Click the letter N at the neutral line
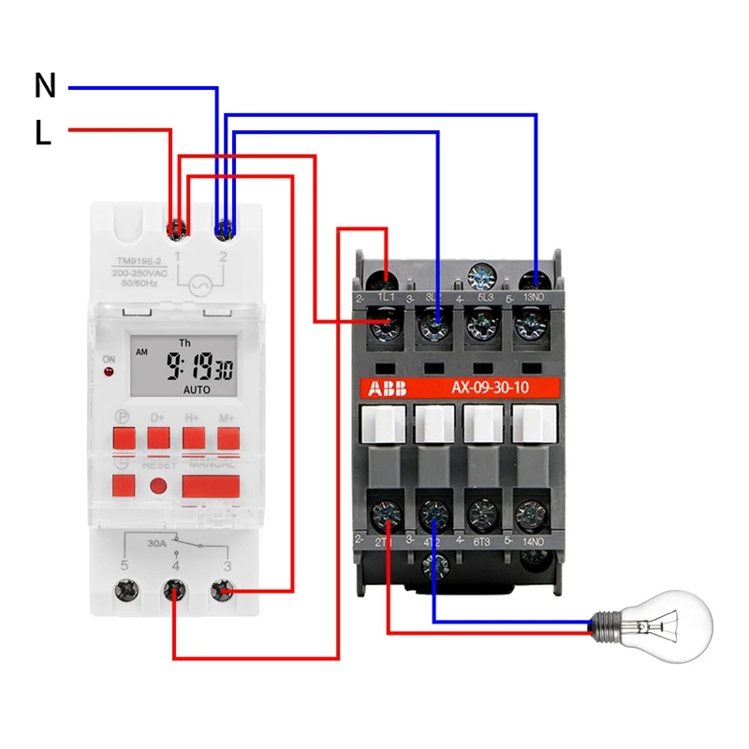[45, 86]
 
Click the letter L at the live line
[43, 134]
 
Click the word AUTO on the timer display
[197, 389]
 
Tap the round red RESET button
[159, 486]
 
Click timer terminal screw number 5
[125, 592]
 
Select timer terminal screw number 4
[174, 592]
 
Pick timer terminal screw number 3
[223, 592]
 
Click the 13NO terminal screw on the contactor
[535, 278]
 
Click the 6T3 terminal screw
[483, 512]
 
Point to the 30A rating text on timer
[157, 540]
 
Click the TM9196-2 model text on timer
[138, 261]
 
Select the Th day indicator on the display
[184, 344]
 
